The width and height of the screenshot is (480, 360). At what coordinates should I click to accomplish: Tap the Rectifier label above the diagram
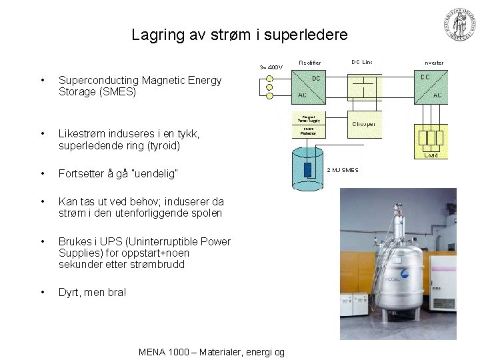tap(309, 63)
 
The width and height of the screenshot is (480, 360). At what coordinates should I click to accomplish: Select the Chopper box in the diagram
tap(363, 123)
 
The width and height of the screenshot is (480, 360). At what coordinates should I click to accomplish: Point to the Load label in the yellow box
tap(431, 155)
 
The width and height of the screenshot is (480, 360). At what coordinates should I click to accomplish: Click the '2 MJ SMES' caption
tap(342, 170)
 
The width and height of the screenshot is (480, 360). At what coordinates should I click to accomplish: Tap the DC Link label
tap(362, 62)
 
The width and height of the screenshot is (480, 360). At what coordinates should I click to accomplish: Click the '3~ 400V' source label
tap(271, 67)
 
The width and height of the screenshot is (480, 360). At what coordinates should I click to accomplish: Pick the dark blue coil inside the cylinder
tap(307, 169)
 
